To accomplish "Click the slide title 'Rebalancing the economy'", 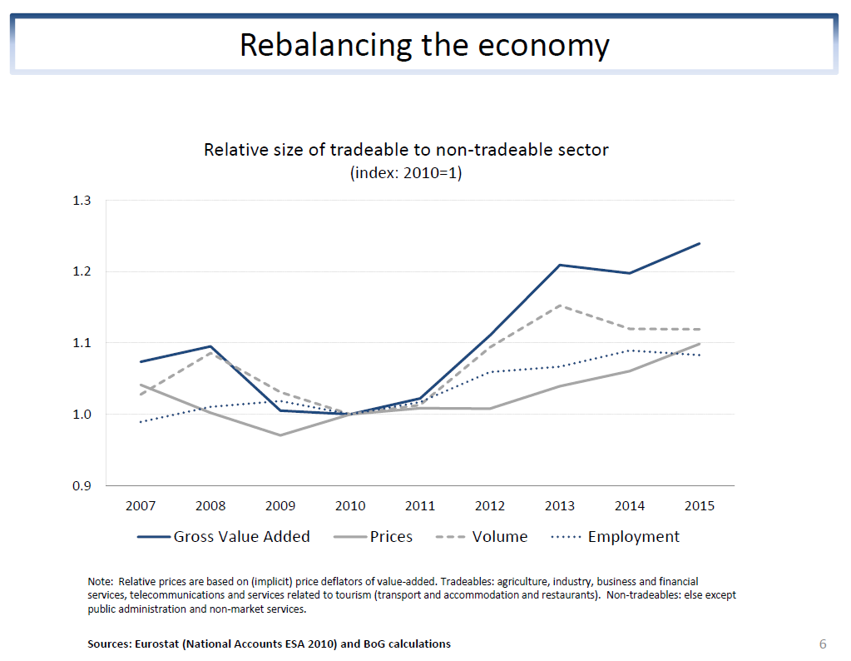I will [x=424, y=44].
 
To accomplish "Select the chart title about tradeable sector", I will [x=406, y=151].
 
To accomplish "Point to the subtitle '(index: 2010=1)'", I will [x=406, y=173].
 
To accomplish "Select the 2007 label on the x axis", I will [x=141, y=505].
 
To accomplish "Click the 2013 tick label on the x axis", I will [x=559, y=505].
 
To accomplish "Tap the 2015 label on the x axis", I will [x=699, y=505].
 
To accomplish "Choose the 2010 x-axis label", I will [x=350, y=505].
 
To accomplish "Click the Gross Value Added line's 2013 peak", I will [x=559, y=265].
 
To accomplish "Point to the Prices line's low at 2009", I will [x=280, y=435].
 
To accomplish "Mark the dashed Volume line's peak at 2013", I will [x=559, y=306].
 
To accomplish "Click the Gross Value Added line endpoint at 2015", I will [x=699, y=243].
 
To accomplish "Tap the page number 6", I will [x=823, y=644].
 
